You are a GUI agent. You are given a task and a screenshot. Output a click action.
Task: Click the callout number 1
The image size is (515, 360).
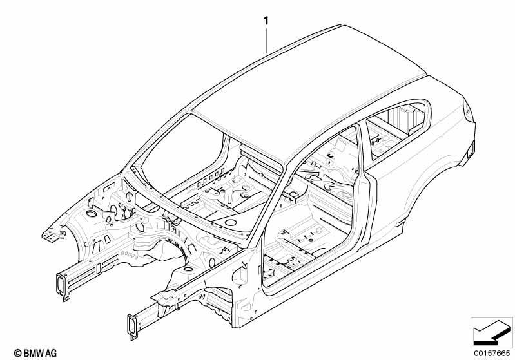pyautogui.click(x=266, y=21)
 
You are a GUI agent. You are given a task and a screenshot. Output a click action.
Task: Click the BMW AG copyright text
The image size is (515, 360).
pyautogui.click(x=35, y=353)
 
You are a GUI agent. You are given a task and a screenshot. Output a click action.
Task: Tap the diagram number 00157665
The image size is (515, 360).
pyautogui.click(x=492, y=353)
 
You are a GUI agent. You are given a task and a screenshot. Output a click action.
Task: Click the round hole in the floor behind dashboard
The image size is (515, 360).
pyautogui.click(x=231, y=222)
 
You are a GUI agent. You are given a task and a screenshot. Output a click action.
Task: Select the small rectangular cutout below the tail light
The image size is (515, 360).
pyautogui.click(x=470, y=151)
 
